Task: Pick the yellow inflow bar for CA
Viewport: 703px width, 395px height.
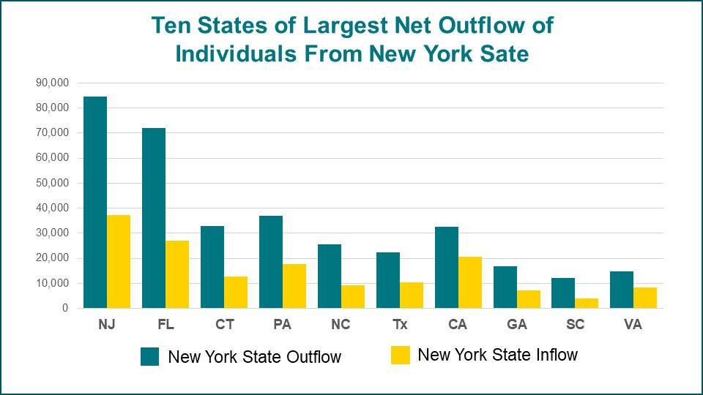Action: pos(470,282)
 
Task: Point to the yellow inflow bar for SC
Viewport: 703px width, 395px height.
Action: pos(587,303)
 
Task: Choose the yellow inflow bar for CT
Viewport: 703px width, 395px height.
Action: pos(236,292)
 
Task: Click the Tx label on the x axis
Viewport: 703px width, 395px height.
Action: pos(399,325)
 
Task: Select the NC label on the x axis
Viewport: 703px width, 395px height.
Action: pos(341,325)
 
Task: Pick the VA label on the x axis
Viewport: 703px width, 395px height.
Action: pos(633,325)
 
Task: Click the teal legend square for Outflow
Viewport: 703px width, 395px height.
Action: pos(150,356)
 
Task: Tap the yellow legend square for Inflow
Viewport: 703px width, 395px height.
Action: pos(401,355)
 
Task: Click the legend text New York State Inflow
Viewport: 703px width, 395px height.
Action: pos(497,355)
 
